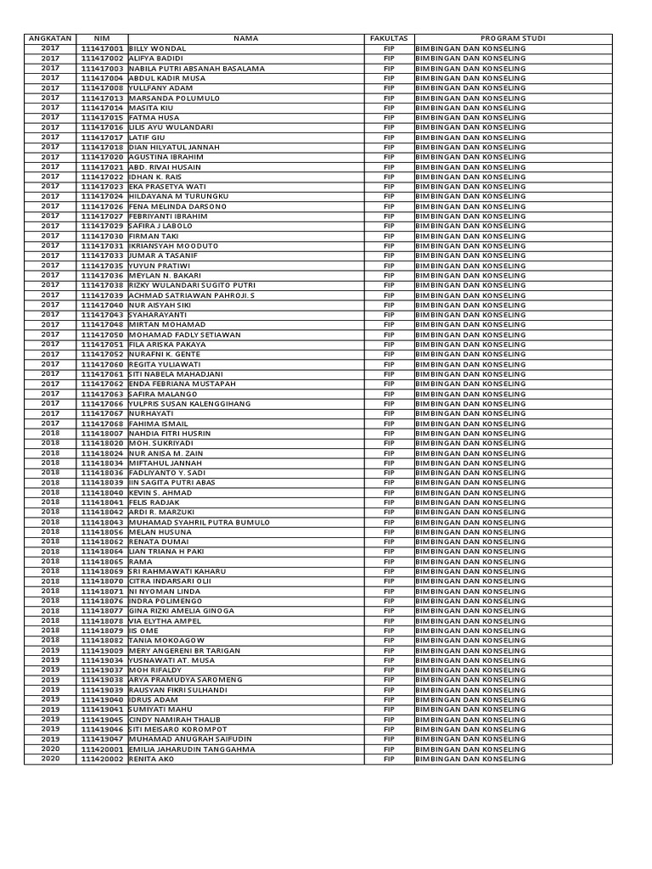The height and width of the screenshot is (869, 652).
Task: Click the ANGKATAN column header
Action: (51, 39)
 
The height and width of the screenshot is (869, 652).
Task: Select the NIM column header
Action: (102, 39)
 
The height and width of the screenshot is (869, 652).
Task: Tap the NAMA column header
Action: (246, 39)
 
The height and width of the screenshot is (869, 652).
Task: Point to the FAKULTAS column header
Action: (389, 39)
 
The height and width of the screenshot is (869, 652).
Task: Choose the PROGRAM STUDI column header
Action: (513, 39)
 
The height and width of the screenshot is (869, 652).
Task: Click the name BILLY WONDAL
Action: (157, 49)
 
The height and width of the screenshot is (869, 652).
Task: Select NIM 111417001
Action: (102, 49)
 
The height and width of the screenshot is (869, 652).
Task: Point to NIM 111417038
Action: (102, 285)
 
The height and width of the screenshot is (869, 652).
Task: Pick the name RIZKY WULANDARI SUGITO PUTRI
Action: (191, 285)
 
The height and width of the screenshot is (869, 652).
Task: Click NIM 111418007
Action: (102, 434)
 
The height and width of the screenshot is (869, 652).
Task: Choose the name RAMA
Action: (141, 562)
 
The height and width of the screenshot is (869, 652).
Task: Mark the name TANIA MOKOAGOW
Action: (166, 641)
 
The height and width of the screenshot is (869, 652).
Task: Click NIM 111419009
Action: (102, 651)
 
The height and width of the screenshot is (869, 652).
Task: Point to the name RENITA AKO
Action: (151, 760)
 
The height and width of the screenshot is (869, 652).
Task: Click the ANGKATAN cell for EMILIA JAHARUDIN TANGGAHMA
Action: (51, 749)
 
